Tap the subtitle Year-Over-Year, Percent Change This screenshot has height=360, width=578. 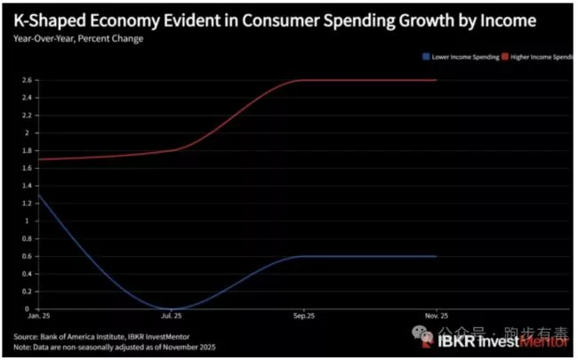tap(78, 38)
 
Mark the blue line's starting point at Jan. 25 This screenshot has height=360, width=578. tap(36, 195)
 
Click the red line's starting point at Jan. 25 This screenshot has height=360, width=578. tap(36, 159)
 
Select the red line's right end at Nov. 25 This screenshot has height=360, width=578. tap(436, 80)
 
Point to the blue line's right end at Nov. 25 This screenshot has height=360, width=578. tap(436, 256)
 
